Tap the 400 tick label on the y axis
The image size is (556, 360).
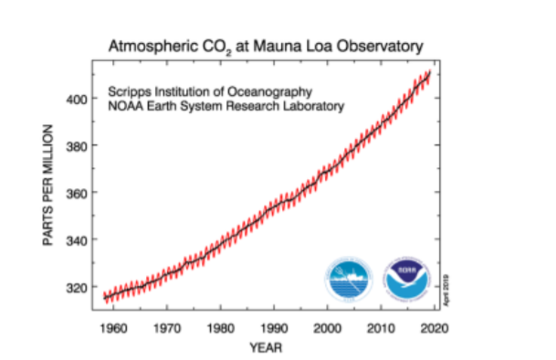(77, 99)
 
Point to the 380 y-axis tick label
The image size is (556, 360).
(77, 145)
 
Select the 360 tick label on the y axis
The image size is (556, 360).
(77, 193)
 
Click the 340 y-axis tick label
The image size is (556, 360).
(77, 240)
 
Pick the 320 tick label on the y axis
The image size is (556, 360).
(77, 287)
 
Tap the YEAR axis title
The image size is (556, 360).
(267, 347)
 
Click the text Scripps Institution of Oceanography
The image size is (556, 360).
(211, 92)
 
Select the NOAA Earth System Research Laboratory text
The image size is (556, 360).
(226, 106)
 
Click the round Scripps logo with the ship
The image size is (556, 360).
(351, 280)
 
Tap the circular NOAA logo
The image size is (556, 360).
(406, 280)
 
